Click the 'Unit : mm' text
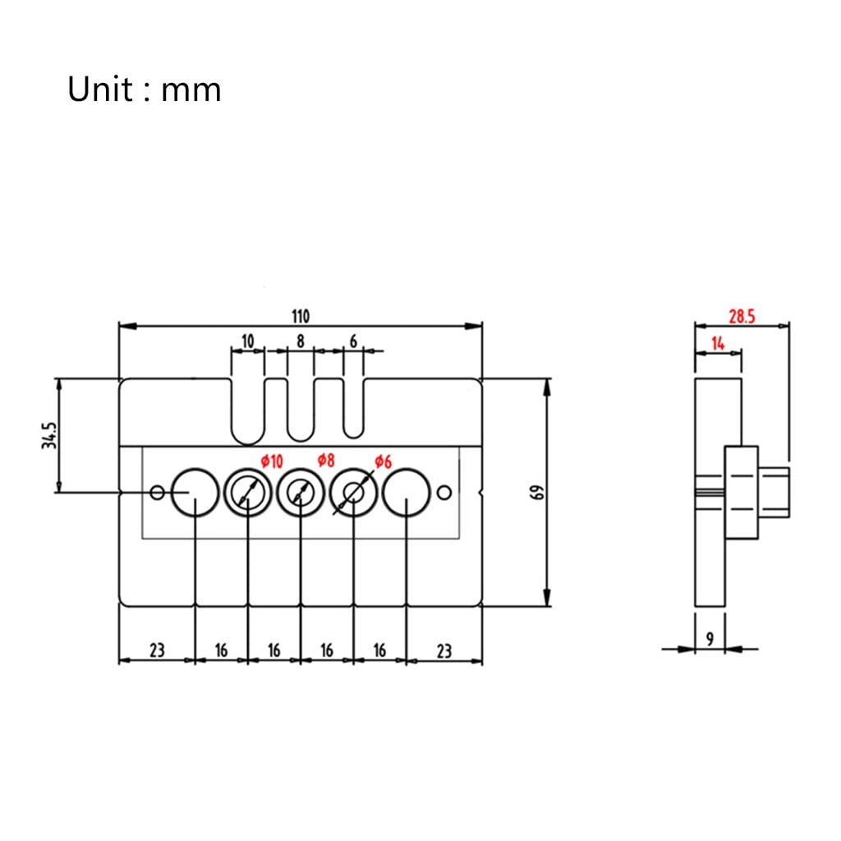pos(144,89)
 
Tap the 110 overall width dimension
pos(301,316)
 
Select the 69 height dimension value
pos(536,493)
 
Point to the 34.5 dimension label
pos(49,435)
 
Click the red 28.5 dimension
pos(742,316)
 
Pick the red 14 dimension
pos(718,342)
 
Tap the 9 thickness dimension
pos(710,639)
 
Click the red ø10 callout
pos(272,462)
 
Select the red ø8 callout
pos(325,460)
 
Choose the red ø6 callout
pos(383,462)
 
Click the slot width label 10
pos(247,341)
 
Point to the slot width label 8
pos(301,341)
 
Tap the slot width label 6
pos(353,341)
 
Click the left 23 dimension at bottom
pos(157,650)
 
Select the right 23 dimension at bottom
pos(443,650)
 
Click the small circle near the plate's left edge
pos(157,492)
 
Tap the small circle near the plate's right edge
pos(444,492)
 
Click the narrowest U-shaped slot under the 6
pos(353,437)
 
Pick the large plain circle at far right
pos(406,469)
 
